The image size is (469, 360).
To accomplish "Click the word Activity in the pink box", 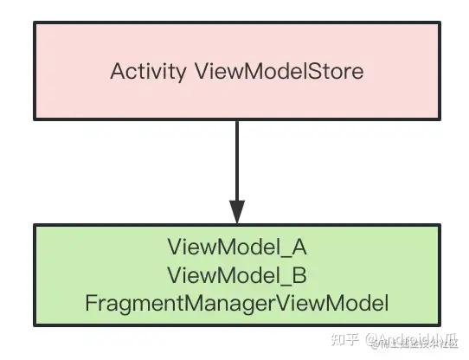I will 147,71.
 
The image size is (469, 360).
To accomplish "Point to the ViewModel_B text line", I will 236,275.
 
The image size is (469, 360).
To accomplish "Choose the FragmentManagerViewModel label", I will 236,303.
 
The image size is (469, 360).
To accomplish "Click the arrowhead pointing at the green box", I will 236,209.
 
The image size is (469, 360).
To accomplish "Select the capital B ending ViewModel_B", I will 299,275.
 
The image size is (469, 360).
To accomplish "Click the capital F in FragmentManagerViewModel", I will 90,303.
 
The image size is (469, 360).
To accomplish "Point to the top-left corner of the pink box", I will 35,23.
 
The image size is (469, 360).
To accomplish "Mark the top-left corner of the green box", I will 35,225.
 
